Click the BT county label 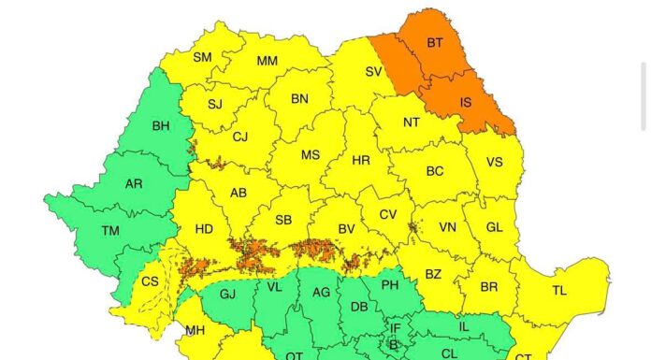click(435, 43)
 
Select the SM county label click(202, 57)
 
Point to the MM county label click(267, 62)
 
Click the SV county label click(373, 71)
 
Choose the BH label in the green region click(161, 125)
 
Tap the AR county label click(134, 183)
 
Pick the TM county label click(110, 230)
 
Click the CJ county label click(240, 137)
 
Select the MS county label click(310, 154)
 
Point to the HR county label click(361, 161)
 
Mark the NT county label click(412, 122)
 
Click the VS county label click(494, 162)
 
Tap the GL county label click(495, 227)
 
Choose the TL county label click(558, 291)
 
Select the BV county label click(347, 228)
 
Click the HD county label click(204, 229)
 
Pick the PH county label click(391, 283)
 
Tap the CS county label click(150, 281)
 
